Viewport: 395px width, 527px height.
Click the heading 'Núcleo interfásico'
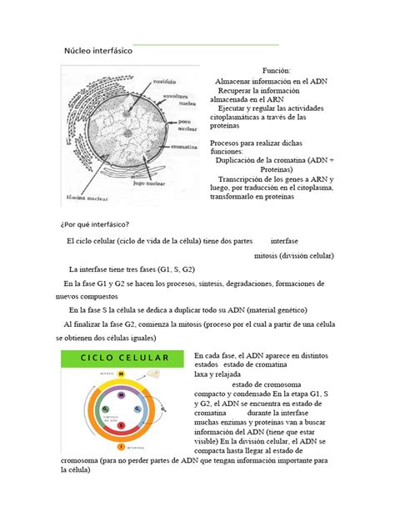click(x=92, y=52)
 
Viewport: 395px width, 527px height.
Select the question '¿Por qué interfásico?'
click(x=93, y=224)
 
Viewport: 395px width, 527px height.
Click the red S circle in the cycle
click(x=121, y=425)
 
